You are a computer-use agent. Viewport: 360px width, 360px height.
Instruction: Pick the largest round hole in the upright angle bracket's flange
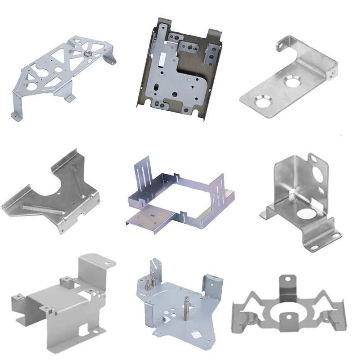coord(320,177)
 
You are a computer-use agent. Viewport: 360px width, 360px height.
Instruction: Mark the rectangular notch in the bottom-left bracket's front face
coord(85,332)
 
